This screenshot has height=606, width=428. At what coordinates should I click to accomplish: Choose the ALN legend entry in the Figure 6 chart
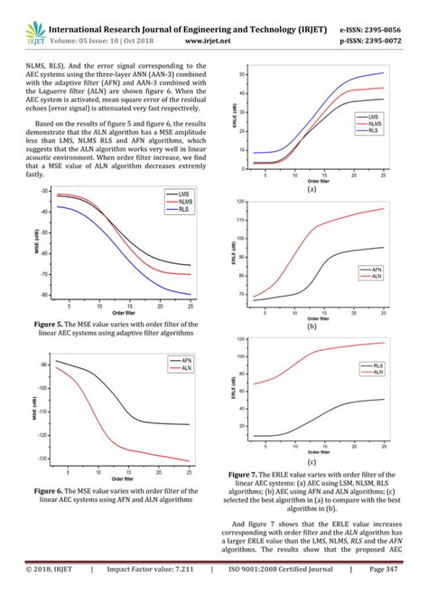point(185,368)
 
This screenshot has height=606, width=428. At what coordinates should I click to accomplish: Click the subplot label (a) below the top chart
point(311,190)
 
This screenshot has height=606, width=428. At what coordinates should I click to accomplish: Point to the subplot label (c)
point(311,460)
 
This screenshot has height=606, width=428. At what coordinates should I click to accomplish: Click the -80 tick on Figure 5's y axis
point(42,295)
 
